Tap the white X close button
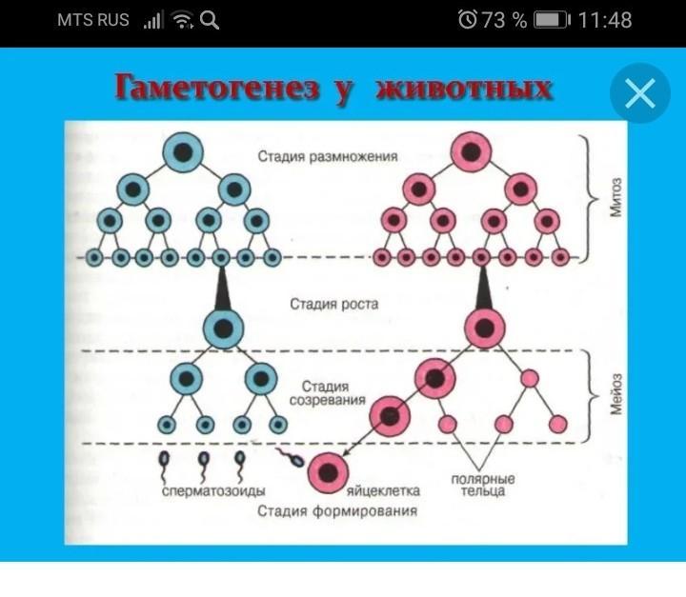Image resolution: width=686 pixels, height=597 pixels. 640,93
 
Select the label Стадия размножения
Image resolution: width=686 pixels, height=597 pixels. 327,155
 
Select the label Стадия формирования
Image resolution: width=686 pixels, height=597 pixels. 336,512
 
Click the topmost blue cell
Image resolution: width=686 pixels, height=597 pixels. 182,151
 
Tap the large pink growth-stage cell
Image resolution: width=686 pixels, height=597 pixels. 485,328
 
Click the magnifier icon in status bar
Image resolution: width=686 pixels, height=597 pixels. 210,20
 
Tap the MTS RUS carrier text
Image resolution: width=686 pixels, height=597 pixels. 92,20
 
